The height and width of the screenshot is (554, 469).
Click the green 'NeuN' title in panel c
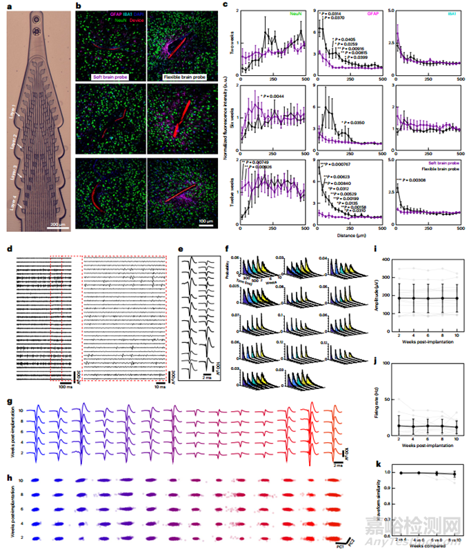293,11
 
